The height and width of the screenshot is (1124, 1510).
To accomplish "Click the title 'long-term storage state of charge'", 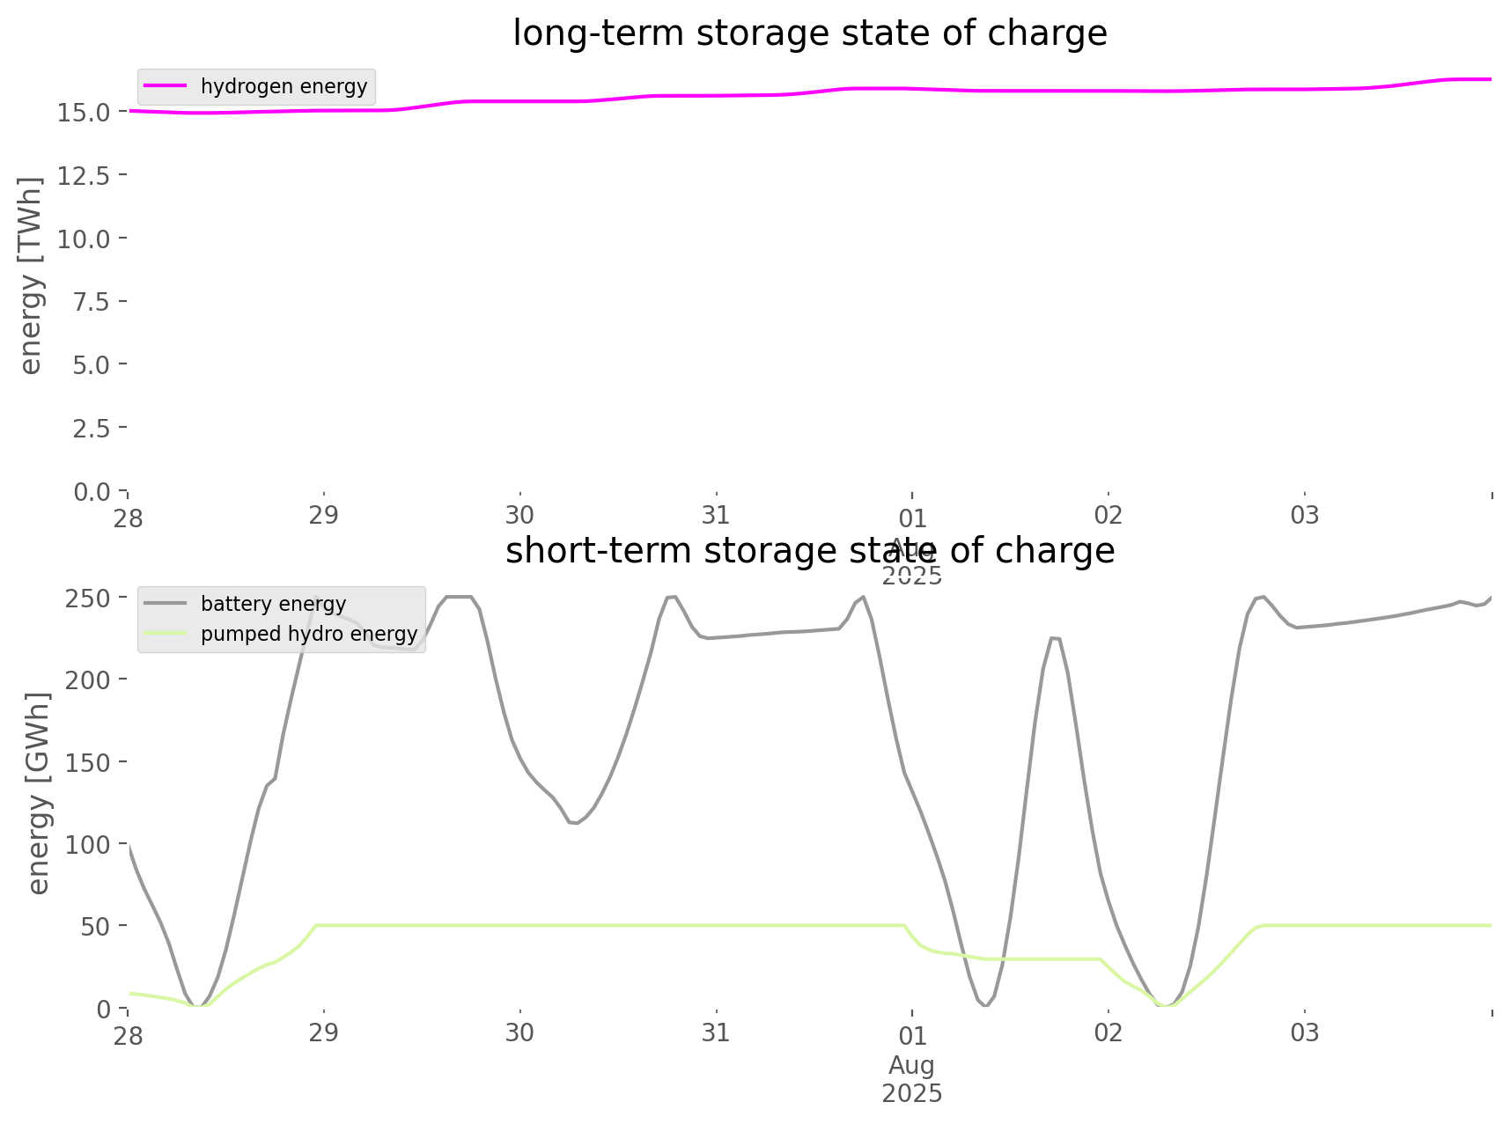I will point(809,33).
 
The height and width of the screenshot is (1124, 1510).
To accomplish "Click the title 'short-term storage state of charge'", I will point(809,551).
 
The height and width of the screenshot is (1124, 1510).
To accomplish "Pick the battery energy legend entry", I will point(273,604).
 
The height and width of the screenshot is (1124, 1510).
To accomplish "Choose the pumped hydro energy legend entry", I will point(308,634).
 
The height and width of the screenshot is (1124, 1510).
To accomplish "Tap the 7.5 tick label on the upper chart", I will point(91,301).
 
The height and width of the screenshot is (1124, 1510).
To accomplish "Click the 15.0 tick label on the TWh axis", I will point(84,112).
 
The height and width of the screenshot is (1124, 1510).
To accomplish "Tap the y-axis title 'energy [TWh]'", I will point(31,275).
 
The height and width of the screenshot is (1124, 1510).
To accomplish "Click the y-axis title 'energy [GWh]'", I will point(39,793).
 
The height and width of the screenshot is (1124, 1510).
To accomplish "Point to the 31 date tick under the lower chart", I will point(716,1032).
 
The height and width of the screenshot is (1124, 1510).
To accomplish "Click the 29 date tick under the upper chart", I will point(323,515).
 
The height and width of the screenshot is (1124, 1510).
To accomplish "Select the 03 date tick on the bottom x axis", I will point(1304,1032).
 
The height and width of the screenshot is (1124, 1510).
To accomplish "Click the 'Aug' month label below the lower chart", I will point(911,1065).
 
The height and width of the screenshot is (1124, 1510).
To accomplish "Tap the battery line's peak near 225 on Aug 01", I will point(1055,638).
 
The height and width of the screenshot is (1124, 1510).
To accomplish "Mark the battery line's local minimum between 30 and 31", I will point(574,824).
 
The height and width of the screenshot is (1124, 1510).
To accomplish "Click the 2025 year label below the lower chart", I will point(911,1093).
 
